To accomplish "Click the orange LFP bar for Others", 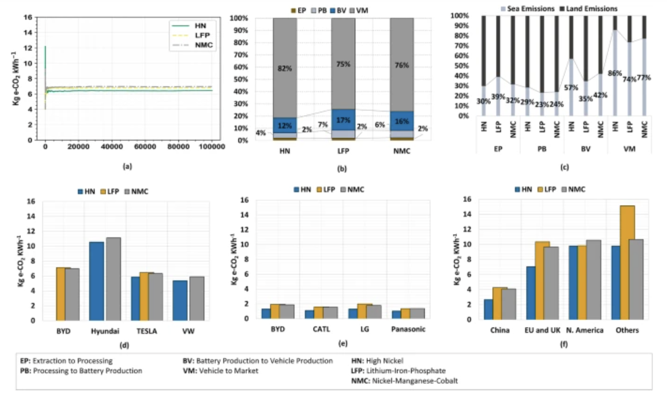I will point(627,262).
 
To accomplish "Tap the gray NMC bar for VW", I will point(197,299).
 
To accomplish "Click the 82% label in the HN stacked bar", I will point(284,68).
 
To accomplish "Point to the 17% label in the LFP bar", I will point(343,120).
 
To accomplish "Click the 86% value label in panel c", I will point(615,73).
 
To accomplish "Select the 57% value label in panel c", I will point(571,87).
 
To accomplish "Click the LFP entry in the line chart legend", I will point(202,35).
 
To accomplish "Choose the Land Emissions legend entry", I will point(591,9).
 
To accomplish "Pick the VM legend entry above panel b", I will point(362,10).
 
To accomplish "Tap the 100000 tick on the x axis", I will point(212,147).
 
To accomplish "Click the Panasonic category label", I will point(408,329).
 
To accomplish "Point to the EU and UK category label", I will point(542,330).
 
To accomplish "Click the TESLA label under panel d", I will point(147,331).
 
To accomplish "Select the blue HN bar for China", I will point(488,309).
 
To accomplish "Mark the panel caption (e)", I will point(342,343).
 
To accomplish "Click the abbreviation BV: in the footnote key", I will point(188,361).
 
